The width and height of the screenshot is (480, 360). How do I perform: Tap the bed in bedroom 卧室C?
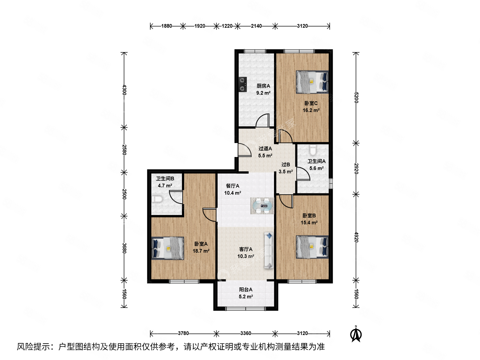(x=312, y=82)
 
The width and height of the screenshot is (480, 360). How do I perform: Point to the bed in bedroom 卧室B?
(x=312, y=247)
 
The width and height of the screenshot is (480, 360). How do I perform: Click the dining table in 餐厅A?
(x=262, y=206)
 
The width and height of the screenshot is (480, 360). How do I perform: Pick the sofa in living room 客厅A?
(x=269, y=250)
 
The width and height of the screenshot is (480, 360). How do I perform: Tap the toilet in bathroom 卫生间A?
(x=313, y=151)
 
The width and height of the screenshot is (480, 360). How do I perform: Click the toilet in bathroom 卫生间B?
(x=157, y=199)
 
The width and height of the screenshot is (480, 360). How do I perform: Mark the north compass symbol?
(x=356, y=334)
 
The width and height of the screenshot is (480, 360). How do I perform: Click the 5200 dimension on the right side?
(x=356, y=98)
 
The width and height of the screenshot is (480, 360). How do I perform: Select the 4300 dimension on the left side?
(x=124, y=90)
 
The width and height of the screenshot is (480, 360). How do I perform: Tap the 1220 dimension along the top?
(x=227, y=26)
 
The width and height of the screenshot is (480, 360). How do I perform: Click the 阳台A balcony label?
(x=246, y=290)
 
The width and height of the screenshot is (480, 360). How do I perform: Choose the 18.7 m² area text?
(x=201, y=251)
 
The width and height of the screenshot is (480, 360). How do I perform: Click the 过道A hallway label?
(x=265, y=149)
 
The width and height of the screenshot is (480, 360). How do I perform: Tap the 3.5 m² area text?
(x=286, y=172)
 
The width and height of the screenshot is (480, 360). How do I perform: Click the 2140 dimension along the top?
(x=256, y=26)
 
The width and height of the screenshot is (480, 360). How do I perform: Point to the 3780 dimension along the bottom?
(x=183, y=333)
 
